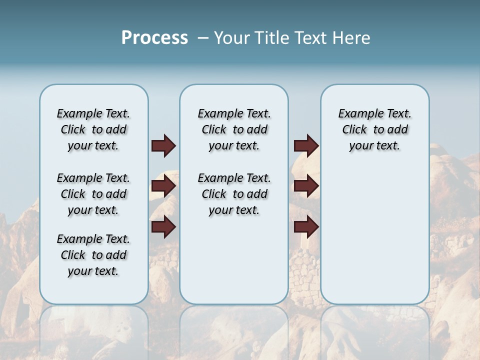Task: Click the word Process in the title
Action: pos(154,37)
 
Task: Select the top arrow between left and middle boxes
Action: pos(163,146)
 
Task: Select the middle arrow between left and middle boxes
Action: pos(163,186)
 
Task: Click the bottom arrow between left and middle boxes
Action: pos(163,227)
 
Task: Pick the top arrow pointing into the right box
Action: pos(306,146)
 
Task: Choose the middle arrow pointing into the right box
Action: pos(306,186)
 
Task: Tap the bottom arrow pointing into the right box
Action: pos(306,227)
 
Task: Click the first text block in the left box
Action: pos(93,129)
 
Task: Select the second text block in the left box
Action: pos(93,194)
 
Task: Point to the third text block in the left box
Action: pos(93,255)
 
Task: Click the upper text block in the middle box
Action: pos(234,129)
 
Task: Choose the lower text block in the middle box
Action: pos(234,194)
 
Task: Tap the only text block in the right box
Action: pos(374,129)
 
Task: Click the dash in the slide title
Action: pos(203,38)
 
